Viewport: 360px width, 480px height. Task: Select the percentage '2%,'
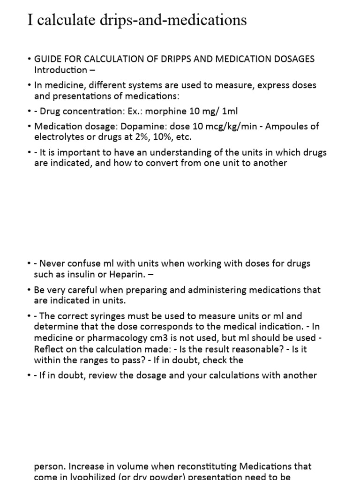[126, 137]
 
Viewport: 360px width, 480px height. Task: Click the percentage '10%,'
[148, 137]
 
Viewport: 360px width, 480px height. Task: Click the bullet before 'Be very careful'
[30, 290]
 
